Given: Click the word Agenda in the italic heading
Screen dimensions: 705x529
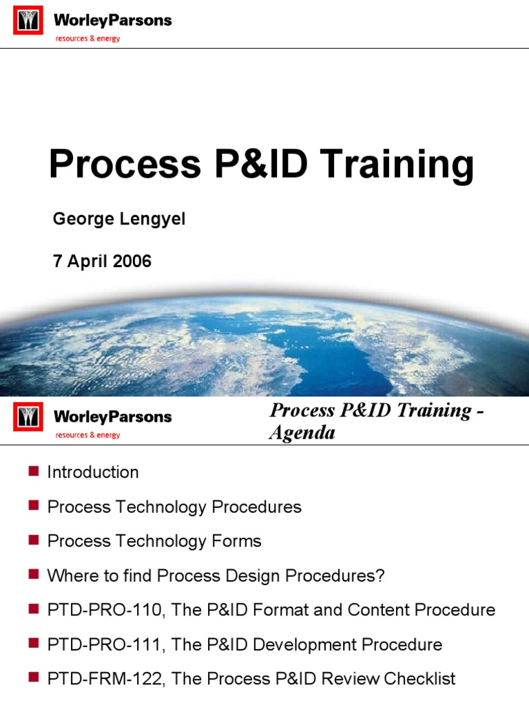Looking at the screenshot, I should [302, 432].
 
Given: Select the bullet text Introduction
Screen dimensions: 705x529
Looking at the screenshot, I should [93, 472].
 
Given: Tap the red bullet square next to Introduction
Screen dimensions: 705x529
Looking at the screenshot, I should [32, 471].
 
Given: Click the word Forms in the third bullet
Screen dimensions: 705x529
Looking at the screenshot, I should [238, 541].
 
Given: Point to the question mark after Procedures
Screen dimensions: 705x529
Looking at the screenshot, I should [380, 576].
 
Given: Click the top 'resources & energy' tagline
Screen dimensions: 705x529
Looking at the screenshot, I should [87, 39].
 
